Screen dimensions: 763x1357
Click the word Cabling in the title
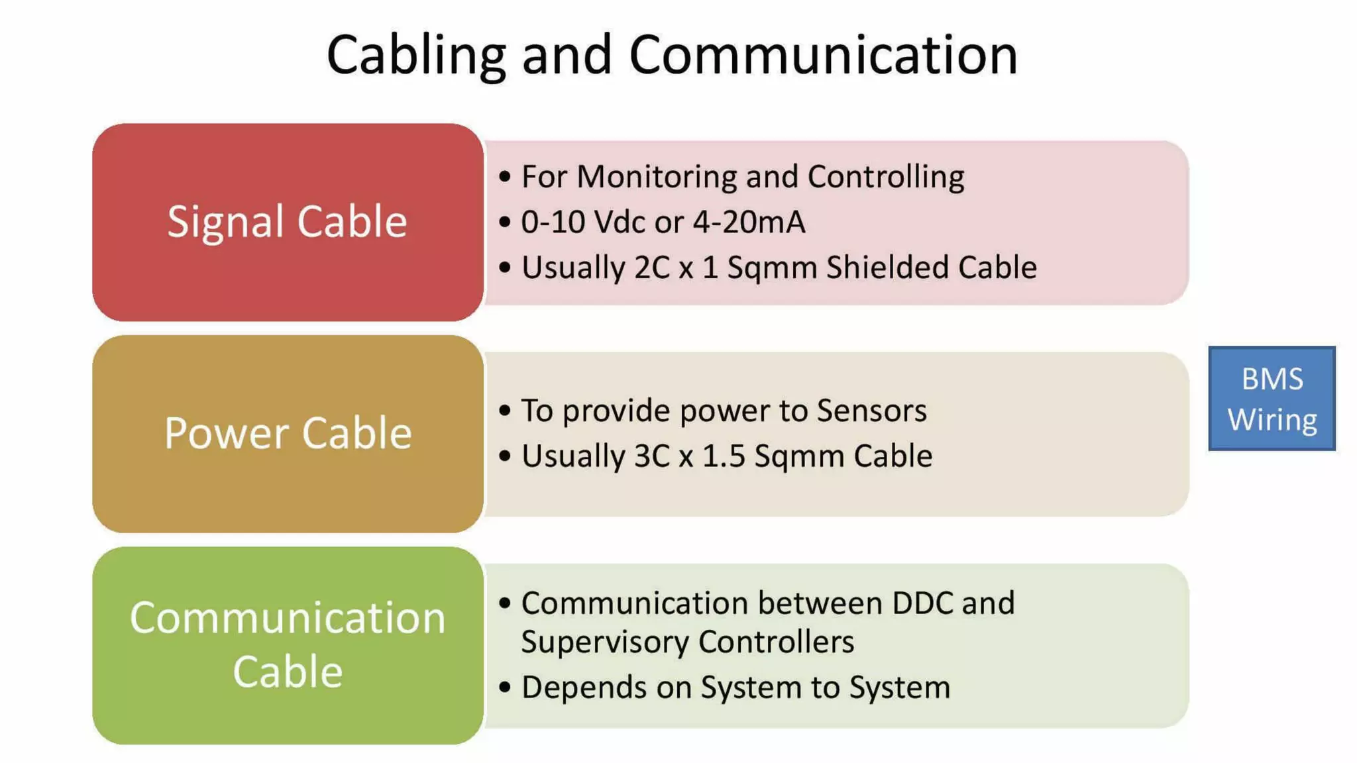pos(416,56)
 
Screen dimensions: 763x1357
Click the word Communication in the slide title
pos(823,56)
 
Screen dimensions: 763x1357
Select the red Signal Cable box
pos(288,222)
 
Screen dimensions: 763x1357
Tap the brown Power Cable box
pos(288,434)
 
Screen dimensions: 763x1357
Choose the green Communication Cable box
pos(288,645)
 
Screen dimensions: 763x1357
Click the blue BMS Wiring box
pos(1272,399)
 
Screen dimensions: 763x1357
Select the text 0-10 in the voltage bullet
pos(554,222)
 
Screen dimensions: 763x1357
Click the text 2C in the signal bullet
pos(652,268)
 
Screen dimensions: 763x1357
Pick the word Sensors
pos(871,411)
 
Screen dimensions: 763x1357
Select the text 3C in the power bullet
pos(652,456)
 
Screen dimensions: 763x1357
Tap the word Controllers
pos(776,642)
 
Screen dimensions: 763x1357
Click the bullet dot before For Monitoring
pos(505,177)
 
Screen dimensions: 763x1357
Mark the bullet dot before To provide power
pos(505,411)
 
